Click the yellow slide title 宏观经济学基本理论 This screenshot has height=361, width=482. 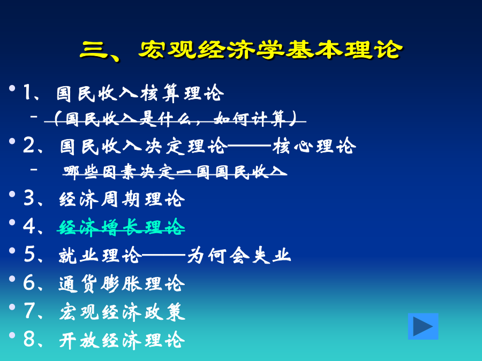point(270,49)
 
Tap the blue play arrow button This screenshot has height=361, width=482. point(423,326)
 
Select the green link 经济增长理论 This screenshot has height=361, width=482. point(122,228)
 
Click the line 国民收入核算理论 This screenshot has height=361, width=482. point(140,93)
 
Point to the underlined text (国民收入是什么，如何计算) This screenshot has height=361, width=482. point(175,119)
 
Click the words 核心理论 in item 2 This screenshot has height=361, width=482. point(314,146)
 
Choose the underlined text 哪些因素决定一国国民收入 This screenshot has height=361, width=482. point(175,172)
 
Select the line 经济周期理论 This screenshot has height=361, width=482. point(122,199)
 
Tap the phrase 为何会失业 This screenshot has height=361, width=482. point(239,256)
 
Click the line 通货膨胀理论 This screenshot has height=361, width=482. point(122,283)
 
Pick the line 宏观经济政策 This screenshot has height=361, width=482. point(122,312)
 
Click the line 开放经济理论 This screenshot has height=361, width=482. point(122,340)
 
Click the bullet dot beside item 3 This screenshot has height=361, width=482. point(12,194)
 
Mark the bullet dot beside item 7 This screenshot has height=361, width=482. point(12,307)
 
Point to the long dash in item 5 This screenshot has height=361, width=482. point(164,255)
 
